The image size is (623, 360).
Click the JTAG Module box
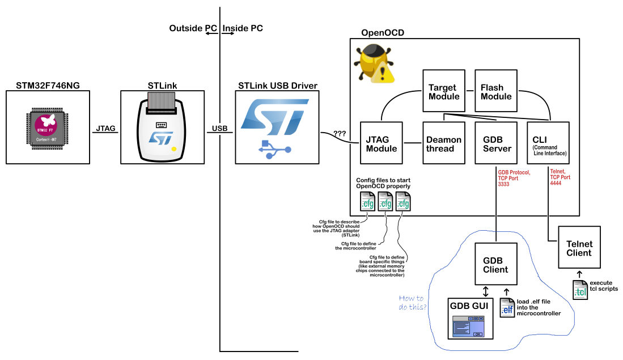pyautogui.click(x=381, y=143)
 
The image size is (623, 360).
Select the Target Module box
pyautogui.click(x=444, y=91)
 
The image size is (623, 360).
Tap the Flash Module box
pyautogui.click(x=496, y=91)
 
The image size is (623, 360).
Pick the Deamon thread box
pyautogui.click(x=444, y=143)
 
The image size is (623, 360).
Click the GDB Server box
pyautogui.click(x=496, y=143)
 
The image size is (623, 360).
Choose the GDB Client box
pyautogui.click(x=496, y=264)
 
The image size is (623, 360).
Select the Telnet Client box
pyautogui.click(x=579, y=247)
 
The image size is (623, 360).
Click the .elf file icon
pyautogui.click(x=507, y=308)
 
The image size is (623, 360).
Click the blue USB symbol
pyautogui.click(x=274, y=150)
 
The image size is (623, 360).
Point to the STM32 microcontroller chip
pyautogui.click(x=47, y=128)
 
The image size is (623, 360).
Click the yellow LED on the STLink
pyautogui.click(x=173, y=150)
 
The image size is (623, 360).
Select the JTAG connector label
pyautogui.click(x=105, y=128)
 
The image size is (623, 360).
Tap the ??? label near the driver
pyautogui.click(x=340, y=133)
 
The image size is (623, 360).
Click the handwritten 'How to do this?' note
pyautogui.click(x=413, y=302)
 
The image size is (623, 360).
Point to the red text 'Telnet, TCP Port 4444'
pyautogui.click(x=560, y=177)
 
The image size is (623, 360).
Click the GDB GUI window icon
pyautogui.click(x=469, y=327)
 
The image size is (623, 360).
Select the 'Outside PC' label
pyautogui.click(x=193, y=28)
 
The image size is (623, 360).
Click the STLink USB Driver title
pyautogui.click(x=278, y=86)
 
